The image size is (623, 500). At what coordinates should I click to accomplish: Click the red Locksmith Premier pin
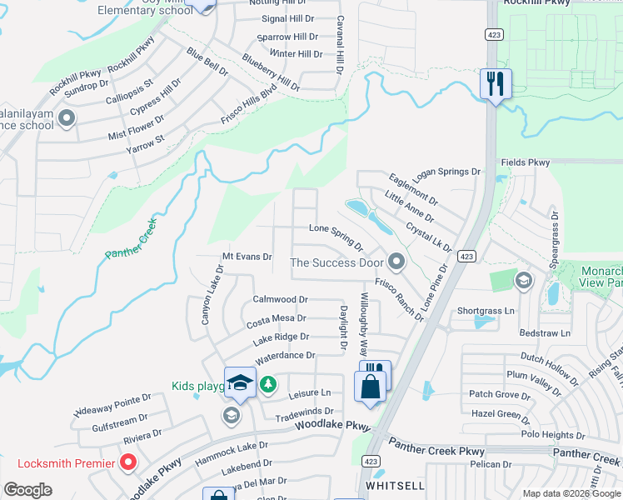point(128,462)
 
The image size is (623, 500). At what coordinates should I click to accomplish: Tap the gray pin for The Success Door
point(396,262)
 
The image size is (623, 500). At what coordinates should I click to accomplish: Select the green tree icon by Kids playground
point(267,384)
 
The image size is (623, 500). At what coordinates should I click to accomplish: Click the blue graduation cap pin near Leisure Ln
point(240,382)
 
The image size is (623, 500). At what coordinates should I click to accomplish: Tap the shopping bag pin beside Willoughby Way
point(370,387)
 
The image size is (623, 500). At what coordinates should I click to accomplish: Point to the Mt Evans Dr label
point(247,257)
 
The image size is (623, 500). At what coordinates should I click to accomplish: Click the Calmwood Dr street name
point(280,299)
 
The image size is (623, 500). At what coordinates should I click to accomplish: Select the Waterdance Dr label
point(285,356)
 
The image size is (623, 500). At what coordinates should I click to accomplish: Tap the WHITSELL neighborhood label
point(396,485)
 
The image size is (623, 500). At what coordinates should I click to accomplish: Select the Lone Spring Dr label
point(336,235)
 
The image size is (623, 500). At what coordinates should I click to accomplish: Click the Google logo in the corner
point(27,490)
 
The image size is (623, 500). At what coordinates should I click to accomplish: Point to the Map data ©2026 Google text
point(571,493)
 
